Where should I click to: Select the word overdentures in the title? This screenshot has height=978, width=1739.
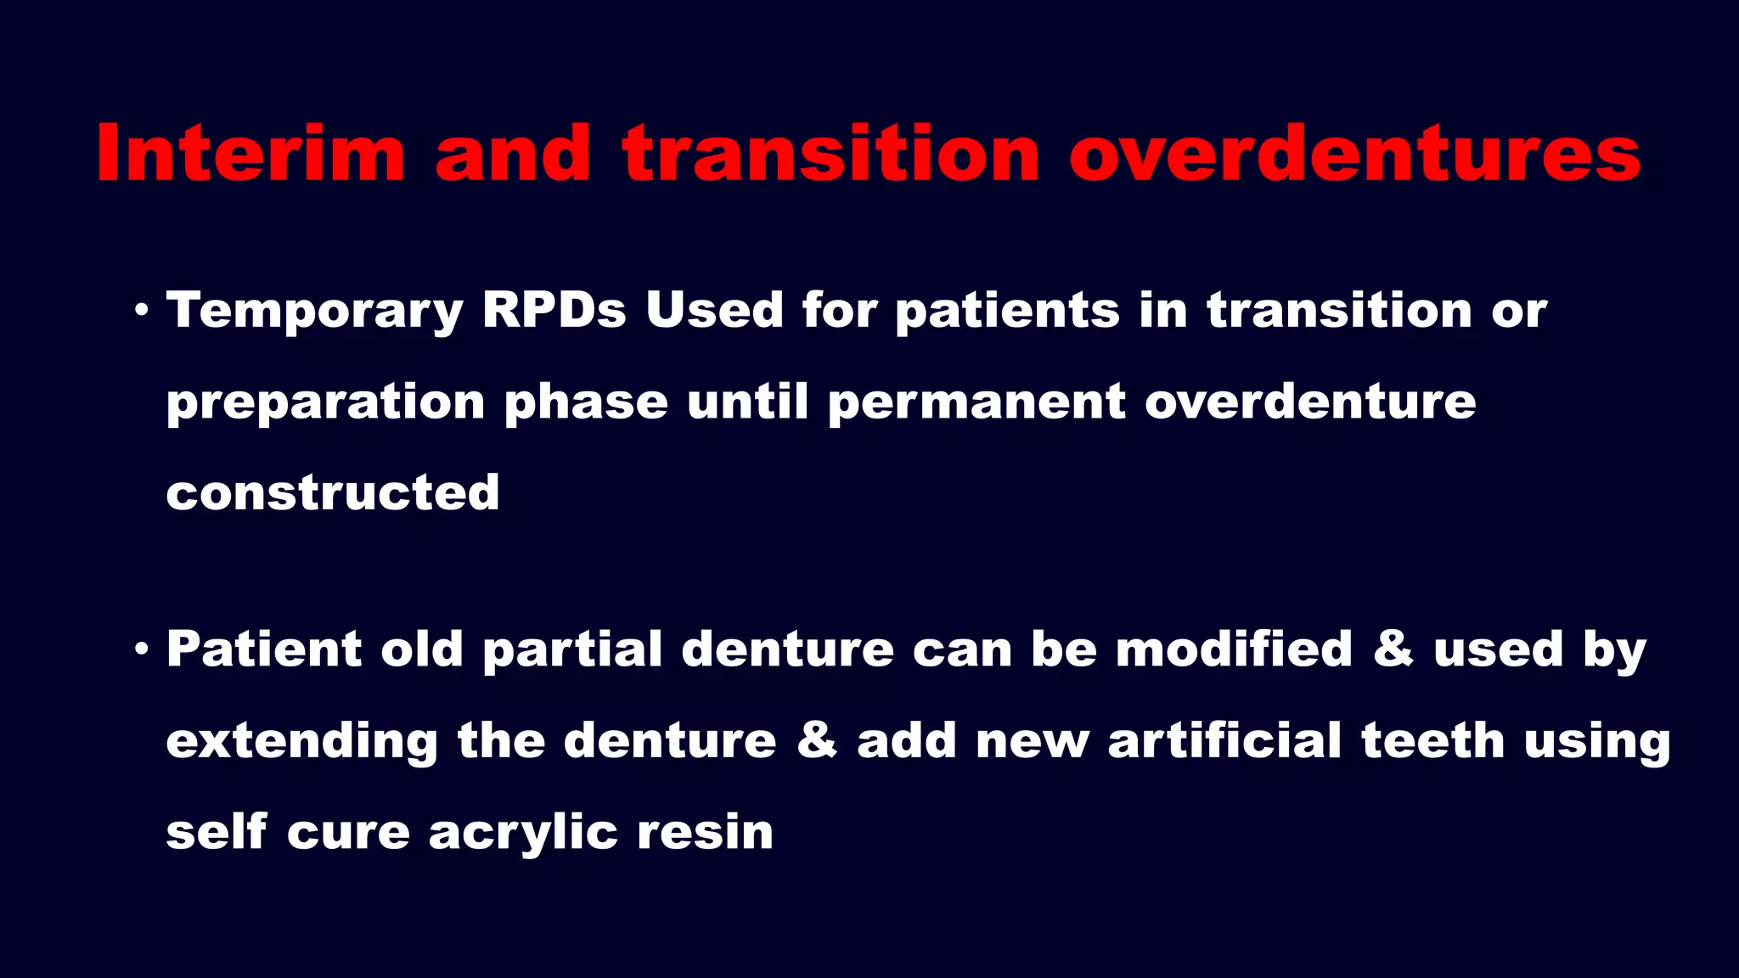pyautogui.click(x=1354, y=154)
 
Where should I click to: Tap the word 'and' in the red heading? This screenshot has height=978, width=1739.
pyautogui.click(x=513, y=154)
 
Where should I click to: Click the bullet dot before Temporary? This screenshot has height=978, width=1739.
pyautogui.click(x=142, y=310)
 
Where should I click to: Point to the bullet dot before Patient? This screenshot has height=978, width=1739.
pyautogui.click(x=142, y=649)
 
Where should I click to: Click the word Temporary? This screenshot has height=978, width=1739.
pyautogui.click(x=314, y=311)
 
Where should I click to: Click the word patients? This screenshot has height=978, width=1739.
pyautogui.click(x=1007, y=311)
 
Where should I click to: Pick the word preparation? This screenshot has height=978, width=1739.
pyautogui.click(x=325, y=403)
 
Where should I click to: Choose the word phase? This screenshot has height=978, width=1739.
pyautogui.click(x=586, y=402)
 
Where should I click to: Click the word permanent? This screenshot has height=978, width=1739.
pyautogui.click(x=976, y=402)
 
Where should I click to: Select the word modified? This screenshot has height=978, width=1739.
pyautogui.click(x=1233, y=649)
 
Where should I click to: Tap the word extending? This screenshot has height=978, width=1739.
pyautogui.click(x=301, y=741)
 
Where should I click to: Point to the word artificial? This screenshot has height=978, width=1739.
pyautogui.click(x=1224, y=740)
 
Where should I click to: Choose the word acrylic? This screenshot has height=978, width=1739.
pyautogui.click(x=523, y=833)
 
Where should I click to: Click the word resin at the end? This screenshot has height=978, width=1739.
pyautogui.click(x=705, y=832)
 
